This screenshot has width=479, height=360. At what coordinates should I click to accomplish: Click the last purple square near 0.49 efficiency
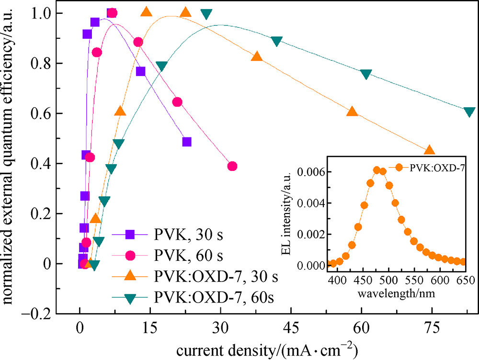(187, 142)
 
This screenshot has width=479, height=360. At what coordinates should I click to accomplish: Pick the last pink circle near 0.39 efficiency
(232, 166)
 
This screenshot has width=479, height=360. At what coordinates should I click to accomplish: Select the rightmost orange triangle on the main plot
(429, 150)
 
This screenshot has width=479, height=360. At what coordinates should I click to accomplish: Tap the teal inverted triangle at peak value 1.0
(206, 14)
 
